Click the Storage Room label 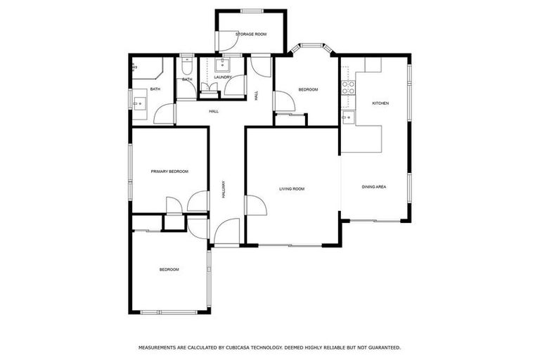250,34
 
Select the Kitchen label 380,103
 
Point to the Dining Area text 374,186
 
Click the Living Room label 291,188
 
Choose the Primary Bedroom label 169,171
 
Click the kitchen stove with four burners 347,87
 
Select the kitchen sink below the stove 347,115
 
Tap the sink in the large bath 138,103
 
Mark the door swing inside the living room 255,205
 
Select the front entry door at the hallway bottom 226,233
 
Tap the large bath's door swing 165,115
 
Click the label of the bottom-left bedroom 169,269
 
